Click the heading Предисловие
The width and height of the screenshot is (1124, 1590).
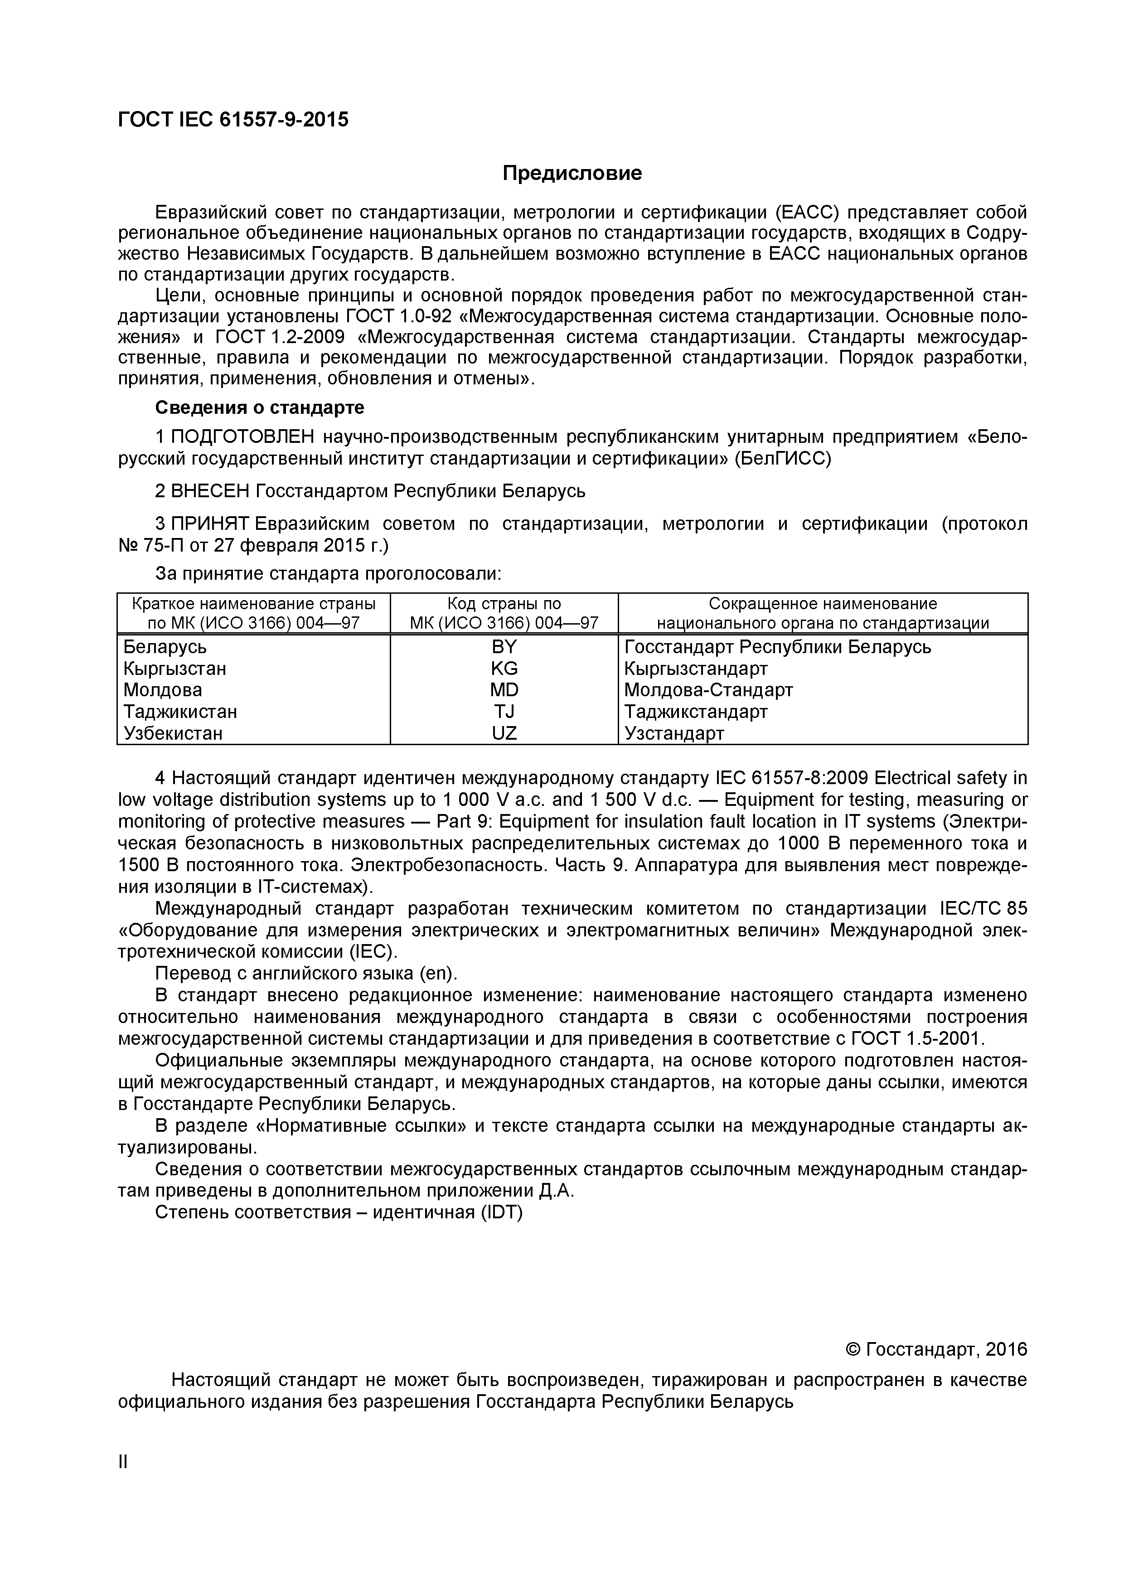(572, 173)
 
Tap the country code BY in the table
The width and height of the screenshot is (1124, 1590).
(504, 647)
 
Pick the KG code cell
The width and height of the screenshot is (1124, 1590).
(504, 668)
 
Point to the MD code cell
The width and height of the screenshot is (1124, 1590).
(504, 690)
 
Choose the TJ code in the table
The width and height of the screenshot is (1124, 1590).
(504, 711)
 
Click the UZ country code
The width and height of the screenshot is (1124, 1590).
(504, 732)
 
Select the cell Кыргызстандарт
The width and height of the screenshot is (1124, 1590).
(695, 668)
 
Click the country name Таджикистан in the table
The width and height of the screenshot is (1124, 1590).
(180, 711)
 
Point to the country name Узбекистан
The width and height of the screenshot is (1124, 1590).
(173, 732)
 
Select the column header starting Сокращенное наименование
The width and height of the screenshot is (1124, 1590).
(822, 604)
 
